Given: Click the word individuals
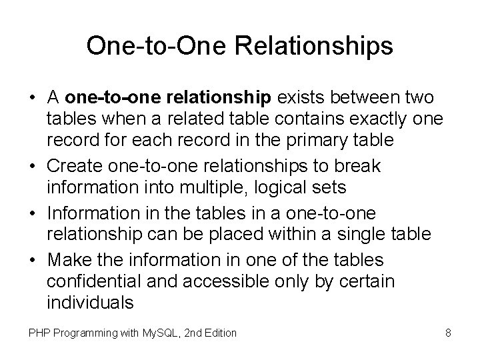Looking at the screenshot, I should coord(91,303).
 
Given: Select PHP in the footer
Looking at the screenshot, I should coord(37,333).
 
